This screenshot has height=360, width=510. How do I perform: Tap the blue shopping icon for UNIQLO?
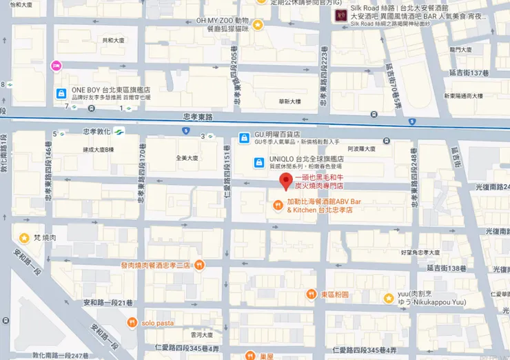point(258,163)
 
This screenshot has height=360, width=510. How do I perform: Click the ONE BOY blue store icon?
point(61,93)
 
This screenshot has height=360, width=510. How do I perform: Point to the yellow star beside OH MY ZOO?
point(257,25)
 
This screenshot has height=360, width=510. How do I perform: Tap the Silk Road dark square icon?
point(340,15)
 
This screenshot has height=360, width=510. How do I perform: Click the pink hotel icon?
point(56,66)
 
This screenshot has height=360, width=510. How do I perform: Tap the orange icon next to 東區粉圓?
point(312,294)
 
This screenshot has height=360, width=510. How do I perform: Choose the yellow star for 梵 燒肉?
point(24,238)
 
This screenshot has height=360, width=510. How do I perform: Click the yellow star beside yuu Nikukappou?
point(389,298)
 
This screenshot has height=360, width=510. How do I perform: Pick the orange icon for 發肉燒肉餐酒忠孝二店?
point(198,264)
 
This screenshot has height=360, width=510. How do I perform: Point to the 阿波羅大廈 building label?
point(360,148)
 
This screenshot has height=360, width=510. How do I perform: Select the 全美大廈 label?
point(187,157)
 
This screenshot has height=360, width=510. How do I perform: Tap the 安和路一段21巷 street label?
point(108,303)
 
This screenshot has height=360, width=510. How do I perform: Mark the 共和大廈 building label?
point(114,41)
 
